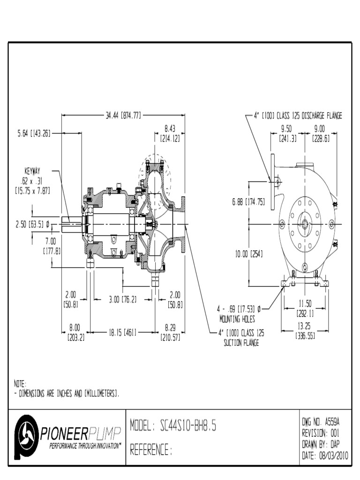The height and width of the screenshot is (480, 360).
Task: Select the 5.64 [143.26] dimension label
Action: coord(30,133)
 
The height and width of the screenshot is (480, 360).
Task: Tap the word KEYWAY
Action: coord(34,171)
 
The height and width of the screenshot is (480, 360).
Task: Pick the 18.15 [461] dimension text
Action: coord(123,332)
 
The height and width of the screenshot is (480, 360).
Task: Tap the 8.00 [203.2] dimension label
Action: coord(74,333)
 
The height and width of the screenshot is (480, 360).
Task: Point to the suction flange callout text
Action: coord(242,337)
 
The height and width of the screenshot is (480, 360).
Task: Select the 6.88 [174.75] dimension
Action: coord(247,202)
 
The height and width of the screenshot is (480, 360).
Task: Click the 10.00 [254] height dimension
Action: coord(248,255)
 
